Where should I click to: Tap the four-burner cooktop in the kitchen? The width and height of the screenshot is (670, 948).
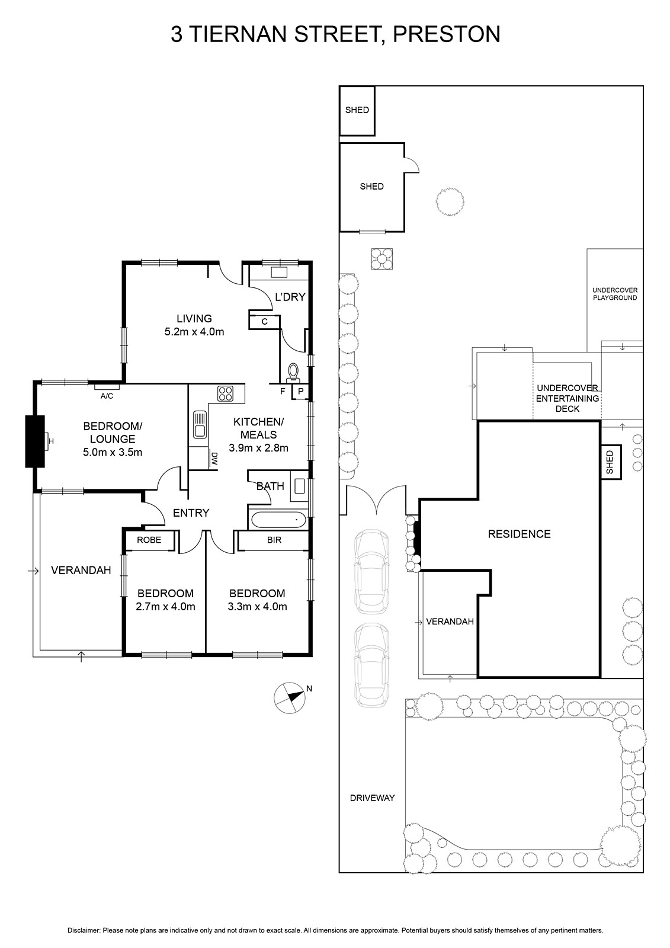tap(225, 393)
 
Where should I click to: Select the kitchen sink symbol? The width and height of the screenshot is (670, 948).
tap(200, 424)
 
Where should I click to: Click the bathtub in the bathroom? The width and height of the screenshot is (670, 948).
tap(278, 519)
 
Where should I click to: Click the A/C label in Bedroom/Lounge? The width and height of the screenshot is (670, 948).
tap(107, 396)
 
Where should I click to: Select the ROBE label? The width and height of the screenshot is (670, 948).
tap(149, 540)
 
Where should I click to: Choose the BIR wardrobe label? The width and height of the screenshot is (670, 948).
tap(274, 540)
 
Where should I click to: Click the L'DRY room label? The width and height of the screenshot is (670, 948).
tap(290, 297)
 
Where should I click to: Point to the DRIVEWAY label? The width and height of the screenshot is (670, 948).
tap(372, 798)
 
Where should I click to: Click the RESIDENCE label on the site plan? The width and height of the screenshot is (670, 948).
tap(520, 534)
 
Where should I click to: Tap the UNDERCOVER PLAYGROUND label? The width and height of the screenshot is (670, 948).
tap(615, 294)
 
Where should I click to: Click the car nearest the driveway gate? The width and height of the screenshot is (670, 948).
tap(371, 571)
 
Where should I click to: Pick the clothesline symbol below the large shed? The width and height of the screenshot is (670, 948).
tap(382, 258)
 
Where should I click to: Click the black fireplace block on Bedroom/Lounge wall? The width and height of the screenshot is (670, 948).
tap(35, 441)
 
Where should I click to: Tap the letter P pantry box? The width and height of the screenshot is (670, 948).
tap(300, 392)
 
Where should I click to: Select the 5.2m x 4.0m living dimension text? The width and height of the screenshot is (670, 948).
tap(194, 332)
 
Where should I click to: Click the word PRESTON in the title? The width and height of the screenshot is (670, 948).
tap(447, 34)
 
